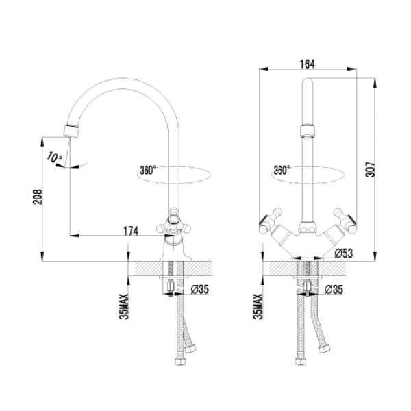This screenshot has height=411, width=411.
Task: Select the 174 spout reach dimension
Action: (130, 232)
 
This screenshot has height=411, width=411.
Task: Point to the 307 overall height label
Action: (370, 169)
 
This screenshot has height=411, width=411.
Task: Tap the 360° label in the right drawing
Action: (282, 169)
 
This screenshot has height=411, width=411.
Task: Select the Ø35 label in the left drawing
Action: (199, 290)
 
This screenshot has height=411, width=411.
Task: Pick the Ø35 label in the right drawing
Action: (334, 290)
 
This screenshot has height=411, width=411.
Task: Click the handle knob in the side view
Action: (176, 221)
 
